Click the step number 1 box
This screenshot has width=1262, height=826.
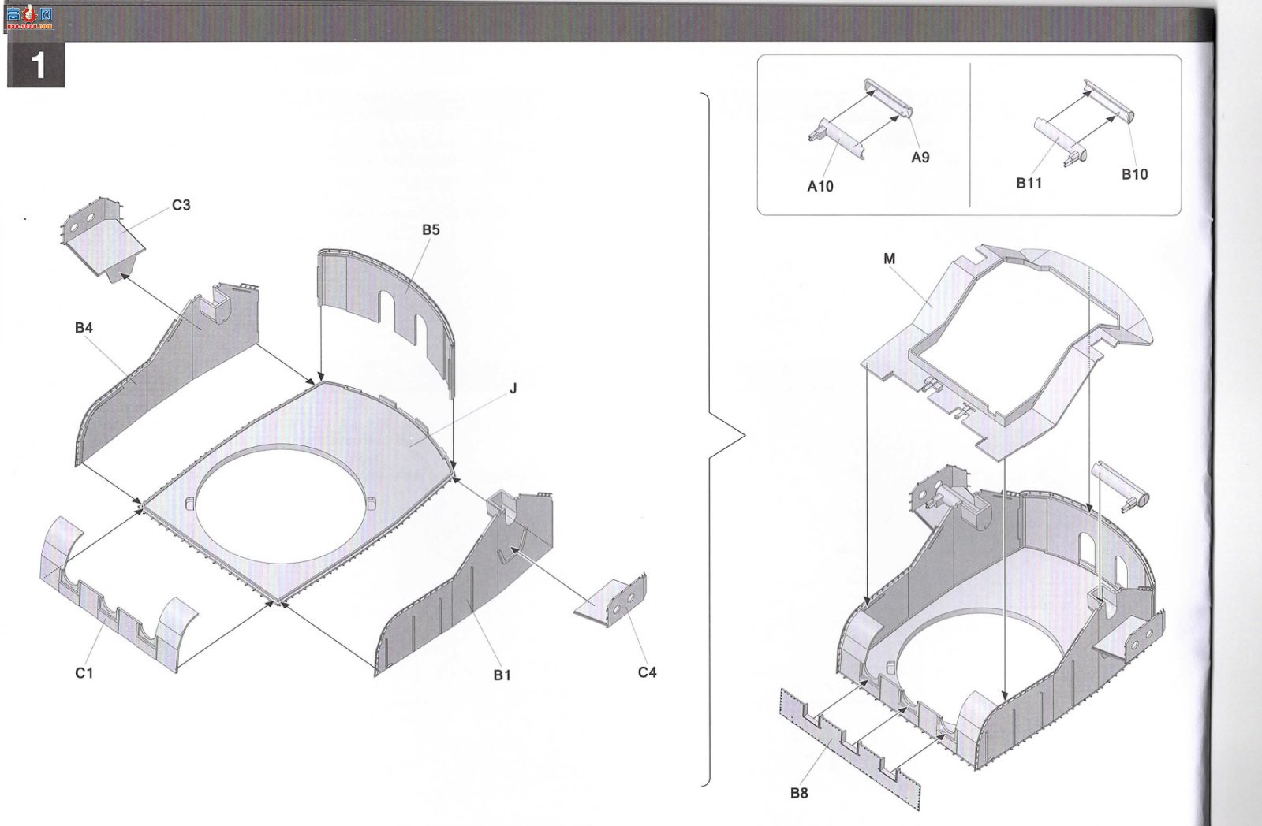[x=35, y=65]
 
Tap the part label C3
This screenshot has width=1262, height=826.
[x=181, y=205]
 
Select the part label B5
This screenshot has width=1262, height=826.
[x=431, y=229]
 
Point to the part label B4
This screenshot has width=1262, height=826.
[x=84, y=328]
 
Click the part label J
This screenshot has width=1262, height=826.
[x=513, y=389]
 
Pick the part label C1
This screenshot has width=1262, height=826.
[x=84, y=673]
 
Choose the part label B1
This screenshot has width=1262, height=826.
[x=502, y=675]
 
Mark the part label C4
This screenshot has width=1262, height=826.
[x=647, y=672]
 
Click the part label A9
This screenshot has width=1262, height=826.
[x=920, y=158]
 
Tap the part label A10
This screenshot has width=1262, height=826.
[x=820, y=186]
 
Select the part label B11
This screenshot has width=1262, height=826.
[x=1029, y=183]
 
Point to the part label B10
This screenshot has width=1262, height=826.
[x=1134, y=174]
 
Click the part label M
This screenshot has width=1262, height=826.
[x=889, y=259]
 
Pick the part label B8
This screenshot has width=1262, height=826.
[x=799, y=794]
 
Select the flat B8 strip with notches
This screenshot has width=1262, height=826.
[x=849, y=749]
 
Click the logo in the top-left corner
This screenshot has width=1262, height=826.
[x=29, y=18]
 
